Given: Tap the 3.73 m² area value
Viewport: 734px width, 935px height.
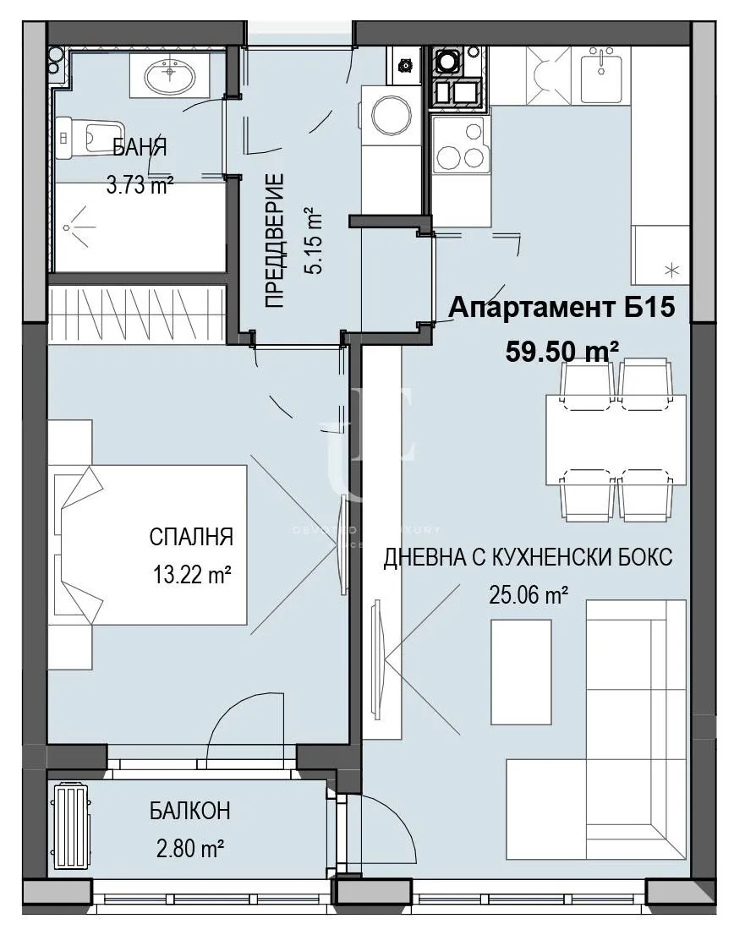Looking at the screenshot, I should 140,184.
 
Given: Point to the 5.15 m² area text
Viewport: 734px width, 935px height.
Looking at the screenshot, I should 314,241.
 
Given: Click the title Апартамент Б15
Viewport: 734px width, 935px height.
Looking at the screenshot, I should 561,308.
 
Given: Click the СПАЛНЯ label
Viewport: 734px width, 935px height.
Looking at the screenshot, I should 190,537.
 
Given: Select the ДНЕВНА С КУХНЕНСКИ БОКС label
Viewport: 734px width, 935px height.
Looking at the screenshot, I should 528,558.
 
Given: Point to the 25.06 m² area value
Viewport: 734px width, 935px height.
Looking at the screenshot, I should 528,596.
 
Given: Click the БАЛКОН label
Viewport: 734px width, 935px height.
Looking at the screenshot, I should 190,812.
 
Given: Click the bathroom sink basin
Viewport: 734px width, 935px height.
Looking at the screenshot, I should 172,79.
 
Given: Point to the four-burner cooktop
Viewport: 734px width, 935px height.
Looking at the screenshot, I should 458,145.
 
